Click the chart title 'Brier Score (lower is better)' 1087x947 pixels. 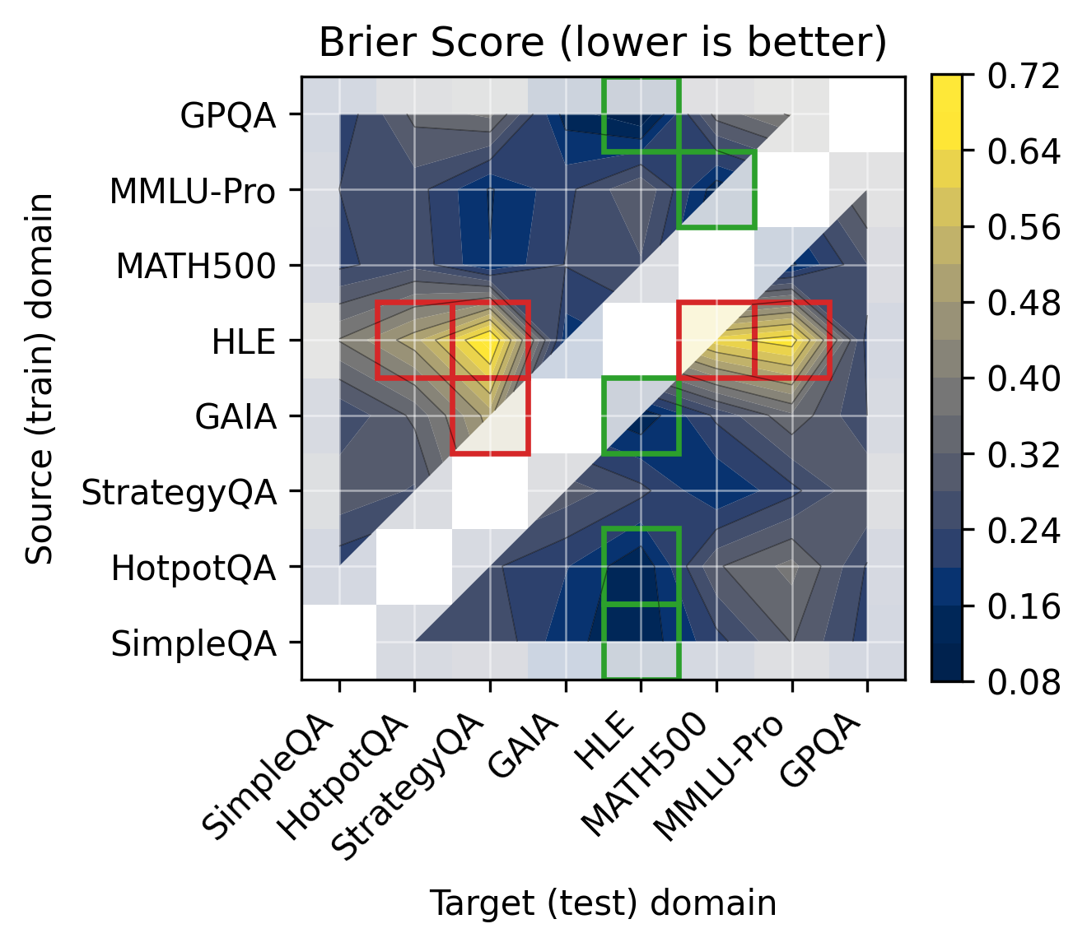pyautogui.click(x=602, y=43)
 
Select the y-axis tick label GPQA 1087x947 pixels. pyautogui.click(x=228, y=116)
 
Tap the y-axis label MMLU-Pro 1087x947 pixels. pyautogui.click(x=193, y=192)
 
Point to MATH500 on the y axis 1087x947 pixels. pyautogui.click(x=196, y=267)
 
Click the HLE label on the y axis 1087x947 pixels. pyautogui.click(x=243, y=341)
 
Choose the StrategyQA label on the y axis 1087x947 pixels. pyautogui.click(x=179, y=493)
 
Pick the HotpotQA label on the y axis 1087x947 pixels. pyautogui.click(x=194, y=568)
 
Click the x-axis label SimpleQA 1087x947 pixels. pyautogui.click(x=269, y=778)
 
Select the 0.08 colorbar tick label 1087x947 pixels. pyautogui.click(x=1024, y=681)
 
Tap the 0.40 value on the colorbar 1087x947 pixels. pyautogui.click(x=1024, y=379)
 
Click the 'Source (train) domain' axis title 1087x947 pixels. pyautogui.click(x=40, y=378)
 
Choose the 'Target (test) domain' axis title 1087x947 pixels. pyautogui.click(x=603, y=903)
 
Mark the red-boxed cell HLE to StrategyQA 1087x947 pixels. pyautogui.click(x=490, y=341)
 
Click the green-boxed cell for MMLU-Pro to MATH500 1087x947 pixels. pyautogui.click(x=716, y=190)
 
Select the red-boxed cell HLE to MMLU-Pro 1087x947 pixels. pyautogui.click(x=791, y=341)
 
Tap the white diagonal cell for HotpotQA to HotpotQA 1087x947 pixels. pyautogui.click(x=414, y=567)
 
